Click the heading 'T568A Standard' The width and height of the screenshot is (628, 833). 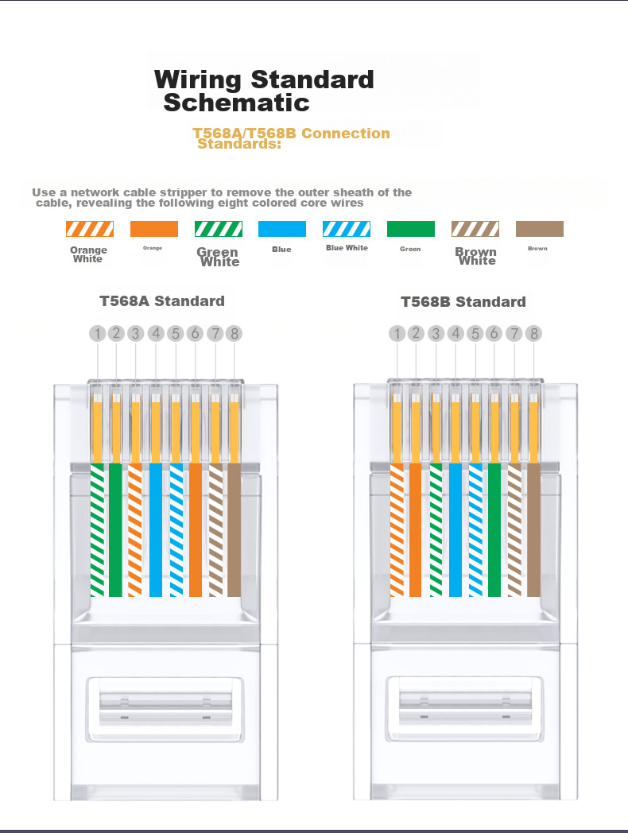point(162,301)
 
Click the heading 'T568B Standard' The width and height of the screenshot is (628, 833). point(463,302)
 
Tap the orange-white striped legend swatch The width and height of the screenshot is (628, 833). point(90,229)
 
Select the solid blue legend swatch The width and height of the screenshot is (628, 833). point(282,229)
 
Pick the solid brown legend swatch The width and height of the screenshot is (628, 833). point(539,229)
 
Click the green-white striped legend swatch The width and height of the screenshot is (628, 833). point(219,229)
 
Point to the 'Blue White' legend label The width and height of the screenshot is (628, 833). point(347,247)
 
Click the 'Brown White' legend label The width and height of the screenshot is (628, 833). point(476,256)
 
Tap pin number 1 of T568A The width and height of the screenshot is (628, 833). point(97,334)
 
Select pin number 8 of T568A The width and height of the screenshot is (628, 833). point(234,334)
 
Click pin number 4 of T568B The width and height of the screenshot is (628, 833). point(455,334)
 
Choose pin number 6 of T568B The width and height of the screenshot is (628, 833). point(494,334)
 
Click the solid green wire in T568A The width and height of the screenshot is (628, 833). point(116,529)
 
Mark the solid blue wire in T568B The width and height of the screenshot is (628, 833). point(455,529)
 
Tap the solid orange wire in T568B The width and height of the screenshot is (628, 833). point(416,529)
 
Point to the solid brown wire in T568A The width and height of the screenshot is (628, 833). point(234,529)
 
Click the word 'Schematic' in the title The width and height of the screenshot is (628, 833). point(236,103)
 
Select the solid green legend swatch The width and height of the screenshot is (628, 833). point(411,229)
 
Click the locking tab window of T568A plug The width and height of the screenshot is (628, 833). point(165,709)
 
